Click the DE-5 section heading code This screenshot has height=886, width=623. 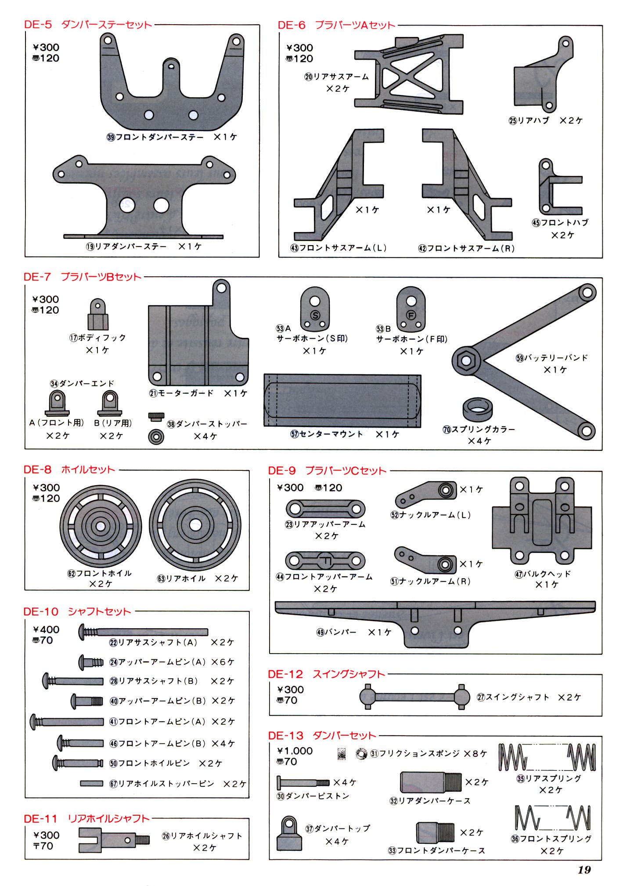(x=38, y=25)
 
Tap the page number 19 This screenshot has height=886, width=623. (x=584, y=869)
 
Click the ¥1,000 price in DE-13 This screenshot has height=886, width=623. (x=295, y=751)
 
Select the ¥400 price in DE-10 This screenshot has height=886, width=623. (x=46, y=629)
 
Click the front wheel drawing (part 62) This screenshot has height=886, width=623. (x=101, y=526)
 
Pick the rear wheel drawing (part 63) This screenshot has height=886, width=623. (x=195, y=525)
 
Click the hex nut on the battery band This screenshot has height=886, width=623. (x=466, y=361)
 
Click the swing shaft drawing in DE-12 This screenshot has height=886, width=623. (x=414, y=696)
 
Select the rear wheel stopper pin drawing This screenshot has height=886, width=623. (x=92, y=783)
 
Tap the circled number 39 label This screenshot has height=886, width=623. (x=111, y=137)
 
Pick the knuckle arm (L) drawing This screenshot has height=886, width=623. (x=426, y=494)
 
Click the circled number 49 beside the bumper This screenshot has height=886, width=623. (x=321, y=632)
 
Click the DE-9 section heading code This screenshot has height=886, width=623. (x=282, y=470)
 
